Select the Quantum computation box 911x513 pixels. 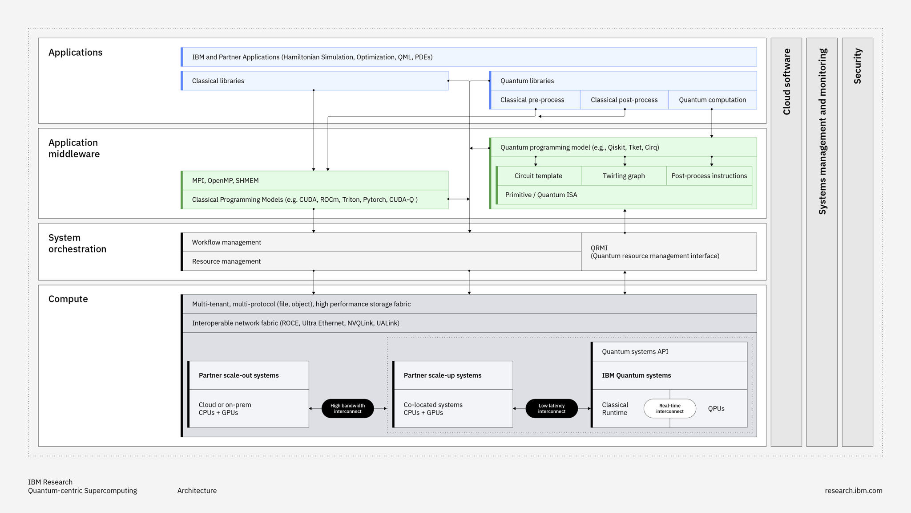tap(712, 100)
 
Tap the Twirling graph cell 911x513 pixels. tap(624, 176)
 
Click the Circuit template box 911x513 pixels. tap(538, 176)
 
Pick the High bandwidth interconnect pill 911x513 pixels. tap(347, 408)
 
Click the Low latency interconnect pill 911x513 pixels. tap(552, 408)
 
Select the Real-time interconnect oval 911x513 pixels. tap(669, 408)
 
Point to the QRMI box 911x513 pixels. tap(668, 252)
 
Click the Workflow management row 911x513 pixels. tap(381, 242)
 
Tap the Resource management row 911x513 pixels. tap(381, 261)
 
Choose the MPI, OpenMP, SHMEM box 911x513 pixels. tap(314, 180)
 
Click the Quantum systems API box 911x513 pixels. tap(669, 351)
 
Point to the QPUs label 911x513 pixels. tap(716, 408)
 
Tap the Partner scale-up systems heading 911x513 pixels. tap(442, 375)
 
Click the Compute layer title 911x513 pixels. tap(68, 299)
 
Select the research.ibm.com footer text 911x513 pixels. tap(853, 490)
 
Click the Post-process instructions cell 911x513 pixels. tap(709, 176)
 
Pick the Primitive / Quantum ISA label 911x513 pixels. tap(541, 195)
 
